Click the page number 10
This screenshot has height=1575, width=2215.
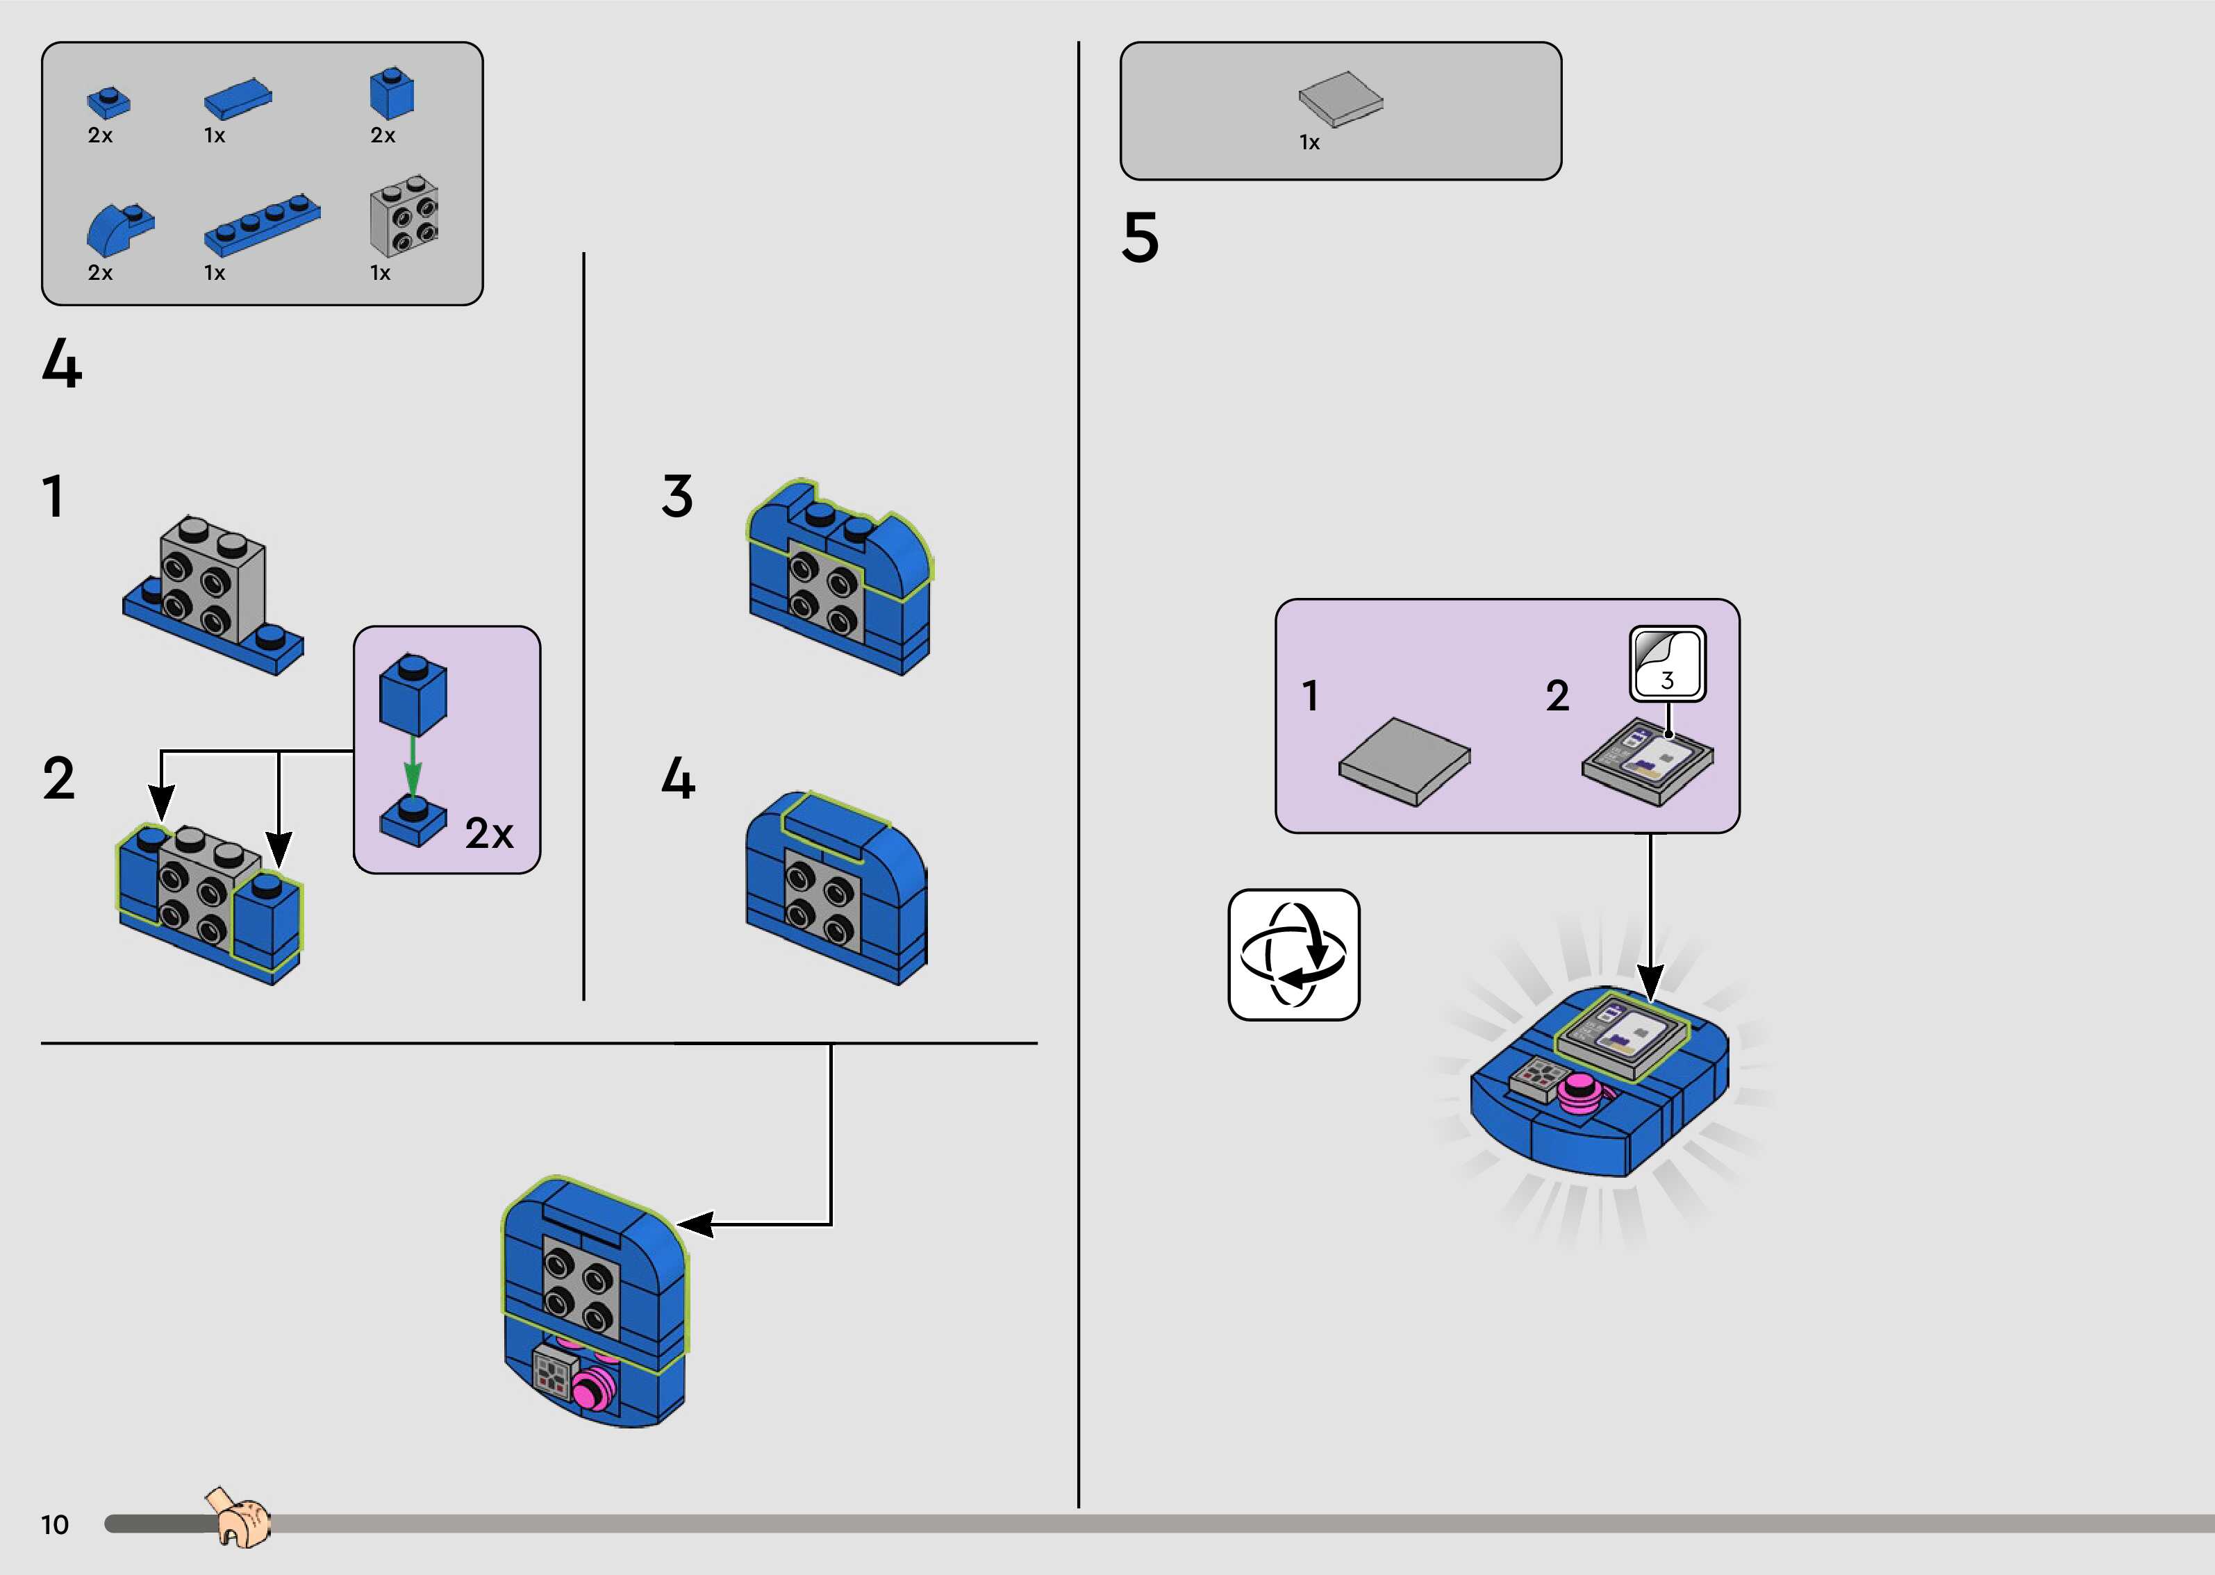pyautogui.click(x=54, y=1524)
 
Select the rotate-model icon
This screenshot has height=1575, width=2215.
pyautogui.click(x=1294, y=954)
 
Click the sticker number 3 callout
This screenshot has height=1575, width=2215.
pyautogui.click(x=1667, y=665)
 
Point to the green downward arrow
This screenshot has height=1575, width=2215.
pyautogui.click(x=412, y=766)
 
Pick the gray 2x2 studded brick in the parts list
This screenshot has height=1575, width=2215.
pyautogui.click(x=404, y=215)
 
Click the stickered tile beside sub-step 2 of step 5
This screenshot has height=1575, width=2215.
pyautogui.click(x=1647, y=761)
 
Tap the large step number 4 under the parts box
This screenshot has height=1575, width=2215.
pyautogui.click(x=62, y=365)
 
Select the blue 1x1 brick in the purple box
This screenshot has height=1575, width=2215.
pyautogui.click(x=413, y=694)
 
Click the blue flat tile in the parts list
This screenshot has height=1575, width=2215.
pyautogui.click(x=238, y=98)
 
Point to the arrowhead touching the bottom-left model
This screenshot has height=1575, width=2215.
pyautogui.click(x=695, y=1224)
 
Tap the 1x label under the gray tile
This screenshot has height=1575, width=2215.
pyautogui.click(x=1309, y=142)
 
